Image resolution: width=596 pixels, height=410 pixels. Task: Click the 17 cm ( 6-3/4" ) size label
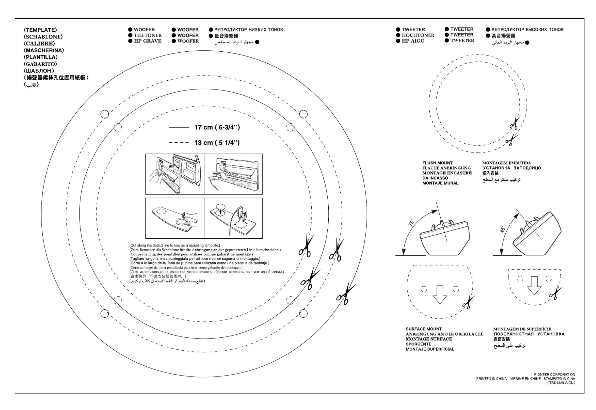tap(217, 127)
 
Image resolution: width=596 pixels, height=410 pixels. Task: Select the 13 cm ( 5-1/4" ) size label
tap(217, 143)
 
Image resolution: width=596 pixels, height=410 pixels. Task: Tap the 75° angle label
tap(411, 223)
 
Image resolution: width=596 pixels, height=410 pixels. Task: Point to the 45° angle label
tap(503, 229)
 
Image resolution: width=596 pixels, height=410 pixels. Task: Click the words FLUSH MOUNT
tap(438, 163)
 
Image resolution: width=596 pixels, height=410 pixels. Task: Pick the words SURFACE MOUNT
tap(424, 329)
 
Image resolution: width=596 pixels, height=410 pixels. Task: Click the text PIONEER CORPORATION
tap(555, 375)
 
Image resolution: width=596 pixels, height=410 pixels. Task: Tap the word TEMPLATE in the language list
tap(40, 30)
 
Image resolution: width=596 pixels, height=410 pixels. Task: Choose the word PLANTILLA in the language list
tap(41, 57)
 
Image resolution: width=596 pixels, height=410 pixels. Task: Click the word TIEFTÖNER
tap(148, 35)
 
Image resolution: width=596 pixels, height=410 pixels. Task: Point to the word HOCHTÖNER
tap(418, 35)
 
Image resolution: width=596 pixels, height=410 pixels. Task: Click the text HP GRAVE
tap(148, 41)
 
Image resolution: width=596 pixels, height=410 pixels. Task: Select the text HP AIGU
tap(413, 41)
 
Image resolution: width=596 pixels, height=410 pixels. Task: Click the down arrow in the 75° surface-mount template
tap(439, 294)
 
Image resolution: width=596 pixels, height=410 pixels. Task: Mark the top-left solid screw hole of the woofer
tap(104, 114)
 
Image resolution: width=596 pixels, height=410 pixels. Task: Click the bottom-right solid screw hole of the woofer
tap(303, 313)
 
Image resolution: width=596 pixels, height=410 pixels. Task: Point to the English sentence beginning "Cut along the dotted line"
tap(175, 245)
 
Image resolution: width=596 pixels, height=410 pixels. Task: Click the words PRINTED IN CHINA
tap(491, 379)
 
